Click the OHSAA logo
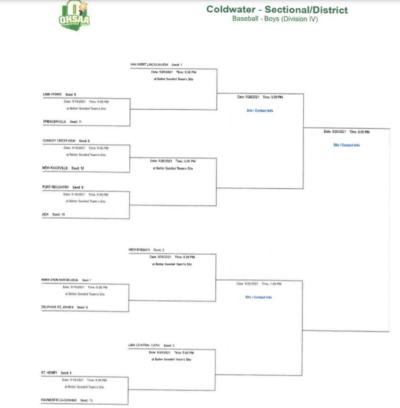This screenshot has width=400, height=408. (x=75, y=15)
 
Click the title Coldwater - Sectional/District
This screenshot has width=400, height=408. (x=277, y=9)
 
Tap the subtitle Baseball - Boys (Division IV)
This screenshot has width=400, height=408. (x=275, y=18)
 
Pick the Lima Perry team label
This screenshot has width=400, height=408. (x=52, y=94)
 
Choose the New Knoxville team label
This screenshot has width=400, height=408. (x=55, y=168)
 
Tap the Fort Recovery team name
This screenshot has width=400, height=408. (x=55, y=187)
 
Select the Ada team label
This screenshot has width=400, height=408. (x=45, y=214)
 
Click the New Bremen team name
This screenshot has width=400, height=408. (x=139, y=249)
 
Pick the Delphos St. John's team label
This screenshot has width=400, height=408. (x=57, y=307)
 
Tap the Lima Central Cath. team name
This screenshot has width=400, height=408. (x=144, y=345)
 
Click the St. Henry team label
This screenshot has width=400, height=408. (x=49, y=373)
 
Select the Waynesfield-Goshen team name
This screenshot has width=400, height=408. (x=59, y=400)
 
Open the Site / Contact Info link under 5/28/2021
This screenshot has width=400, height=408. (x=346, y=145)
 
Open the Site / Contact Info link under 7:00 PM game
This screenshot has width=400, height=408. (x=258, y=297)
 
